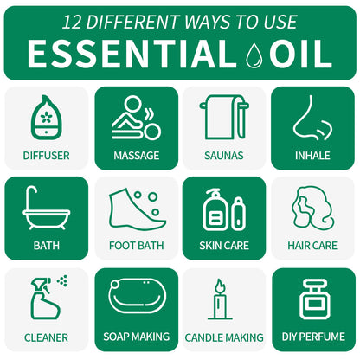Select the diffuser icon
(x=46, y=119)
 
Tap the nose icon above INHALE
(x=312, y=119)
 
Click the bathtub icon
(x=46, y=208)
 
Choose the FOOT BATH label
(x=136, y=246)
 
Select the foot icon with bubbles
(x=136, y=209)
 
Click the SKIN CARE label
(x=224, y=246)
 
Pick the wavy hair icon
(x=312, y=209)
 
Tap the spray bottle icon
(x=46, y=299)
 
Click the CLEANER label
(x=46, y=337)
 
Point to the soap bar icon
(x=136, y=298)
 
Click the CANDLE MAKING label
(x=224, y=337)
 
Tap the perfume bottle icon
(x=312, y=299)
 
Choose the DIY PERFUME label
(x=312, y=337)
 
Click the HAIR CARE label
(x=312, y=246)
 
